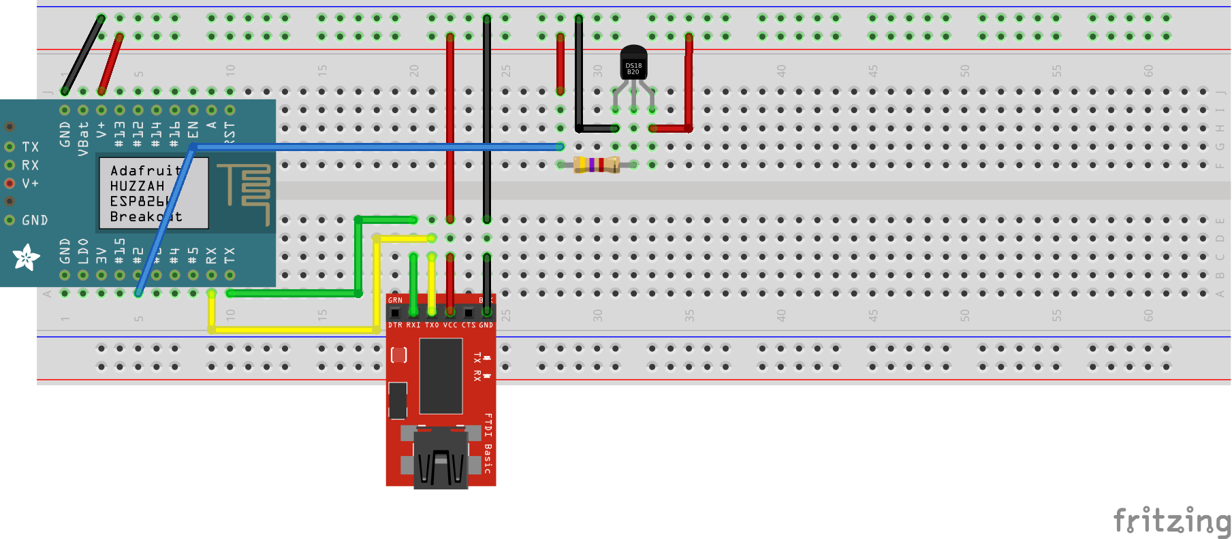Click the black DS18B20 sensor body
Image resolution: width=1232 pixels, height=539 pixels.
(x=633, y=65)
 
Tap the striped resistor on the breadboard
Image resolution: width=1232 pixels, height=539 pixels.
(x=596, y=165)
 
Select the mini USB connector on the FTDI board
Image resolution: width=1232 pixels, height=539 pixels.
(x=441, y=459)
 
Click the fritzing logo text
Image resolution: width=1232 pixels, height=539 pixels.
(x=1171, y=521)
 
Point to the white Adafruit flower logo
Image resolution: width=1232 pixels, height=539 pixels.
(x=27, y=257)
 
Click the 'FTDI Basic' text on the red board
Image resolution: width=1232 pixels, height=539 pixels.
(x=488, y=442)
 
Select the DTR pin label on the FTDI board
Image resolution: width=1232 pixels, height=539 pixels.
(x=395, y=325)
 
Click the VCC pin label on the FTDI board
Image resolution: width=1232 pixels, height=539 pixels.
(x=450, y=325)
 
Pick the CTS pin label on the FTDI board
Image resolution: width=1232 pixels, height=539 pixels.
(x=468, y=325)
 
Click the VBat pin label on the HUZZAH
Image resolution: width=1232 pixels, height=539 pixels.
(x=83, y=139)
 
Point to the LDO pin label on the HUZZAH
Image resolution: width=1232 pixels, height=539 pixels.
(x=83, y=251)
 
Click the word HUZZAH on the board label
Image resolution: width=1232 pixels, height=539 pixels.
(x=137, y=186)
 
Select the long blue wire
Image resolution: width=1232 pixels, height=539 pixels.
(x=375, y=146)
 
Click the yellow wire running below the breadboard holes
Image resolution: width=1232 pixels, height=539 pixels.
(x=293, y=330)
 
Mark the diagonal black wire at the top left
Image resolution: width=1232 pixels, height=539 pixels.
(x=83, y=54)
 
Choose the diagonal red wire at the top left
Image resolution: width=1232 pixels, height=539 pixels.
(x=110, y=63)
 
